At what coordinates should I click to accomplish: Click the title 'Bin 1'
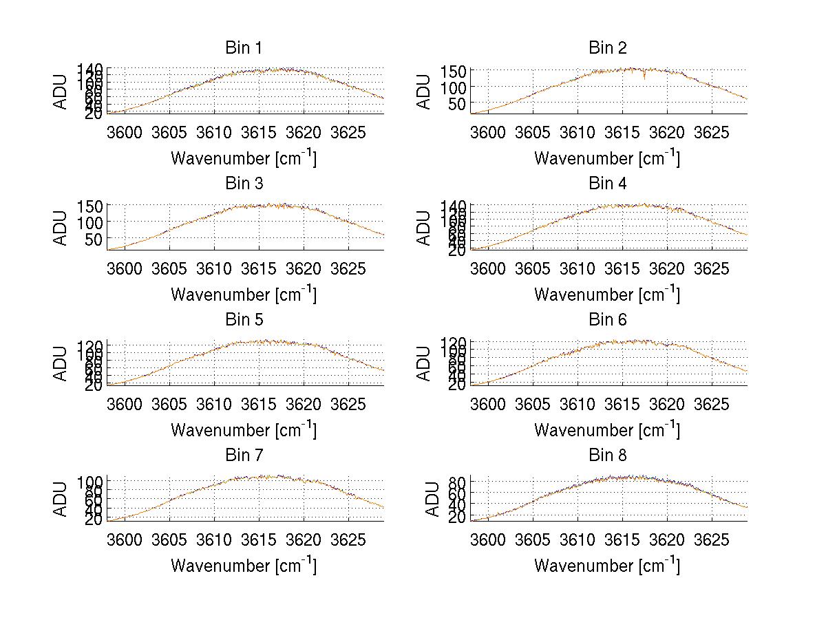(243, 47)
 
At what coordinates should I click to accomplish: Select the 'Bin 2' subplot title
(607, 47)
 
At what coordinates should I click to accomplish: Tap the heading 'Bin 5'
(243, 319)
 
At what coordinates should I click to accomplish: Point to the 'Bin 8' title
(607, 455)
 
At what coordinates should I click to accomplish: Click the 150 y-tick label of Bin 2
(459, 71)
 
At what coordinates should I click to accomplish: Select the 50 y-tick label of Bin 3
(96, 239)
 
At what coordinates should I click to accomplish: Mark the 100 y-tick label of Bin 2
(459, 87)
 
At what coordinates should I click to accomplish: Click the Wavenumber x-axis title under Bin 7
(243, 565)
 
